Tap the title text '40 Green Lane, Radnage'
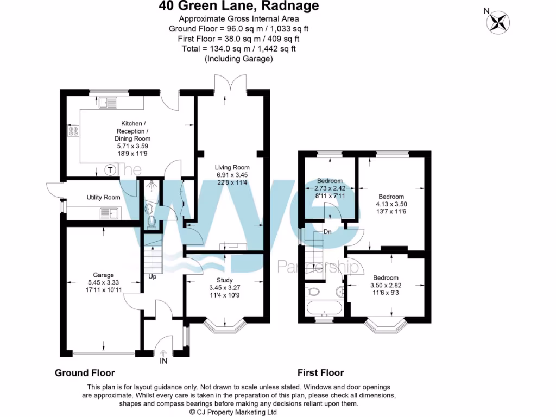[238, 7]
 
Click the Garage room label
[103, 275]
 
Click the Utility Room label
[103, 197]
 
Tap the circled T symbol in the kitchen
[110, 170]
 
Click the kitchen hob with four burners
[73, 131]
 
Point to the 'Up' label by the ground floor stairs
[153, 276]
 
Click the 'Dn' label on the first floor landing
[327, 232]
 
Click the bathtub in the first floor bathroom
[325, 308]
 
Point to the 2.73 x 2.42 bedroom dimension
[330, 188]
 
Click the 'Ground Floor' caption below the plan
[85, 373]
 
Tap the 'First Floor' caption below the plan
[320, 373]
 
